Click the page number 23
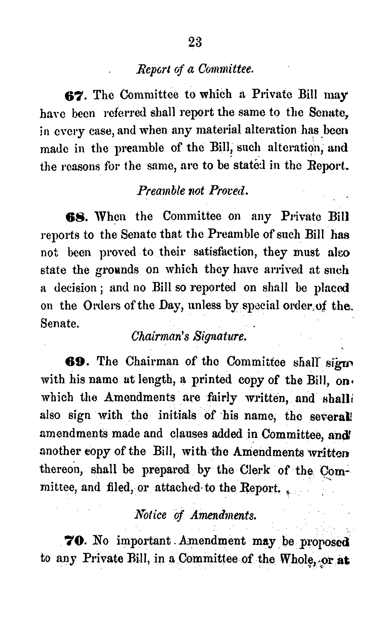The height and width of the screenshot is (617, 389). (195, 42)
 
